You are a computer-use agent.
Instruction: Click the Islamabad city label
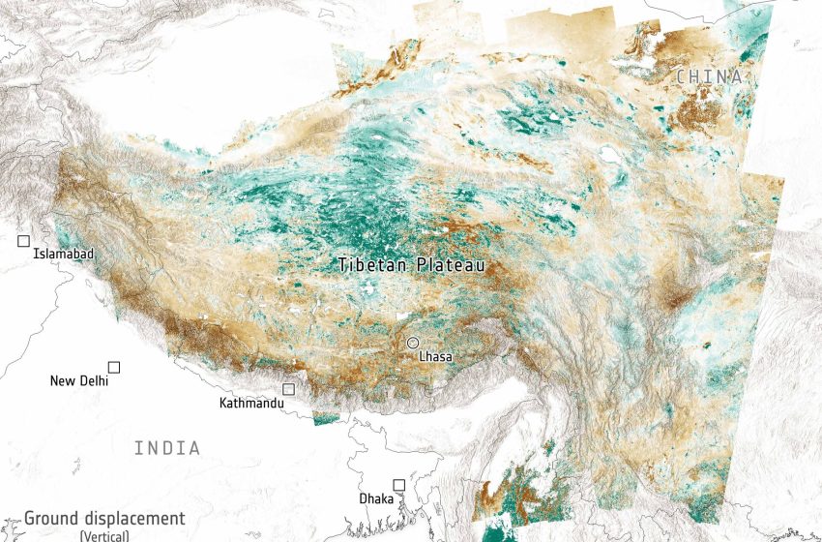64,254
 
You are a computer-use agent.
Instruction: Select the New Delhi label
79,381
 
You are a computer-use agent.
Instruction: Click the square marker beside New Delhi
114,367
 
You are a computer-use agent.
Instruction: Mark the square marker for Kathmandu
288,389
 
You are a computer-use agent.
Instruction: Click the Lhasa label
435,356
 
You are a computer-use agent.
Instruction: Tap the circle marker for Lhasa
413,343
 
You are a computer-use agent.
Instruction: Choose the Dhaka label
376,498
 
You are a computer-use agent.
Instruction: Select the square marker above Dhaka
398,484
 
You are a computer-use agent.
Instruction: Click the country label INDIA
167,448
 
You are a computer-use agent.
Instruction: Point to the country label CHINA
709,76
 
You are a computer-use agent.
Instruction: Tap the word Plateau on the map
450,263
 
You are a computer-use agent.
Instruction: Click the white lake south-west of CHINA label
610,154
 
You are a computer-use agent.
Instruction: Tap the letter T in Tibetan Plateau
343,263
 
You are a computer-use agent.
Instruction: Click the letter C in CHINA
681,76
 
